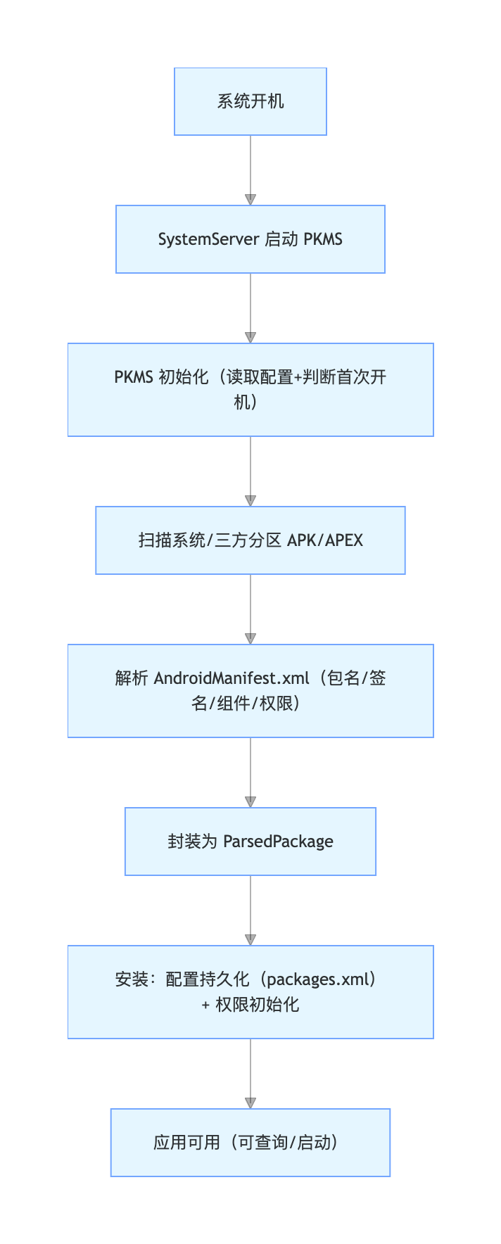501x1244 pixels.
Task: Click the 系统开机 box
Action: [250, 101]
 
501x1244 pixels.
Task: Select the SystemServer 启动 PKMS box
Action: [250, 239]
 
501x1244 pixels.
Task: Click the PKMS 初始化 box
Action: [250, 390]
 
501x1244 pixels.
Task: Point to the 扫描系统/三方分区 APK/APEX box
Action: [250, 540]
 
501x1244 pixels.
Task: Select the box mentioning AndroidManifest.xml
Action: [250, 691]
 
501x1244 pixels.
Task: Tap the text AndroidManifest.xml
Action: [232, 678]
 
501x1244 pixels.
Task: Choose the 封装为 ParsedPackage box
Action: [250, 842]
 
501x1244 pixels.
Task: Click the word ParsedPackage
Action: [278, 842]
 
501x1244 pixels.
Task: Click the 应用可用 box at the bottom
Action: [250, 1143]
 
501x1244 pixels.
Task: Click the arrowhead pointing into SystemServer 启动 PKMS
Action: [250, 200]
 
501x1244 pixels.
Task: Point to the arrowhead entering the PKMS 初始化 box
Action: [250, 338]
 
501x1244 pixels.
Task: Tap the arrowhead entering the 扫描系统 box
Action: [250, 501]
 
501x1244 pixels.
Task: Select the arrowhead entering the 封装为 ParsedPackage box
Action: [250, 802]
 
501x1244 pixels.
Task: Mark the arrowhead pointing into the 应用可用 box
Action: [250, 1103]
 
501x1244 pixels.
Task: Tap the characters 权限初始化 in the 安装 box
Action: [258, 1005]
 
